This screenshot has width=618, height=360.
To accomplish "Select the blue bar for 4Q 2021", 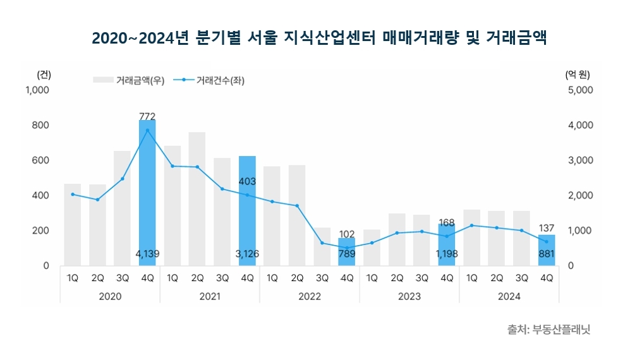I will click(247, 215).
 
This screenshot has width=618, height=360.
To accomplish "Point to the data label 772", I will click(147, 116).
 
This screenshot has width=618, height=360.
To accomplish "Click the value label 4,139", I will click(147, 254).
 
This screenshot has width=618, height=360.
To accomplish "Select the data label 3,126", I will click(247, 254).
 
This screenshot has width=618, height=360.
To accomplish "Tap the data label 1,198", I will click(447, 254).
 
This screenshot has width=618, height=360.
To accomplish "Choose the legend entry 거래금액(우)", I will click(129, 80).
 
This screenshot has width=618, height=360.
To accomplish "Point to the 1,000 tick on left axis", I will click(37, 90).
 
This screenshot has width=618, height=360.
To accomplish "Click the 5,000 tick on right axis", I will click(580, 90).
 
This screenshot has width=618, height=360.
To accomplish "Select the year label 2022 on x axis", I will click(309, 296).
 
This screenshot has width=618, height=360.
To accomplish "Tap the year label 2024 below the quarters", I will click(509, 296).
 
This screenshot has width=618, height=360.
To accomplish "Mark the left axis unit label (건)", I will click(44, 74).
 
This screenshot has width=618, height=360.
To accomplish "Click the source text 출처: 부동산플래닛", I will click(548, 330).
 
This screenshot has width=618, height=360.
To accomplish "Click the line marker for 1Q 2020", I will click(73, 194).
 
